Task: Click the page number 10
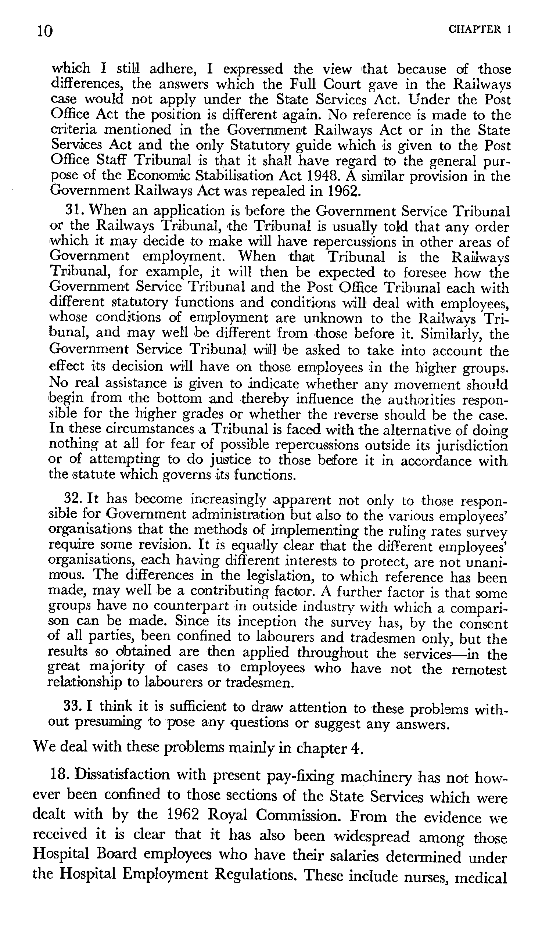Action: [45, 31]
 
